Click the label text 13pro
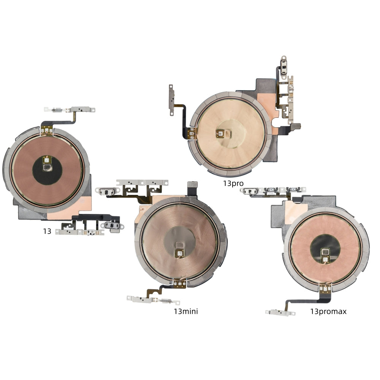[233, 184]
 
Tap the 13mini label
[186, 311]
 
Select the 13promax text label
[328, 312]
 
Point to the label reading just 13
[47, 231]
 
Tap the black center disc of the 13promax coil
[325, 250]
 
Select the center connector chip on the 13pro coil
[223, 133]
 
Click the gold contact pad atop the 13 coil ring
[47, 130]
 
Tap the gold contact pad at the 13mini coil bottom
[180, 283]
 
